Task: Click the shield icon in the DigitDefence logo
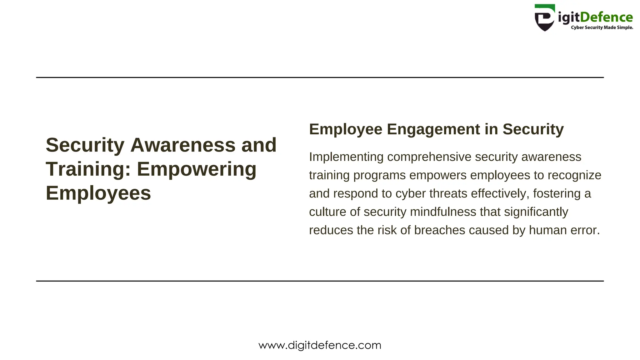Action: (545, 18)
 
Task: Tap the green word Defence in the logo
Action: (606, 17)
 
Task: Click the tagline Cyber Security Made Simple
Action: (602, 27)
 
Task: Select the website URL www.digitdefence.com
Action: (320, 345)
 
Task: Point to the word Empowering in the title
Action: (197, 169)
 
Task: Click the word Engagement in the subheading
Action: (433, 129)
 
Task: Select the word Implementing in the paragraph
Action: (346, 157)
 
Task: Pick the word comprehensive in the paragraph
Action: (429, 157)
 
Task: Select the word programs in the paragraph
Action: (379, 175)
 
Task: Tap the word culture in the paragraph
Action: (327, 212)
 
